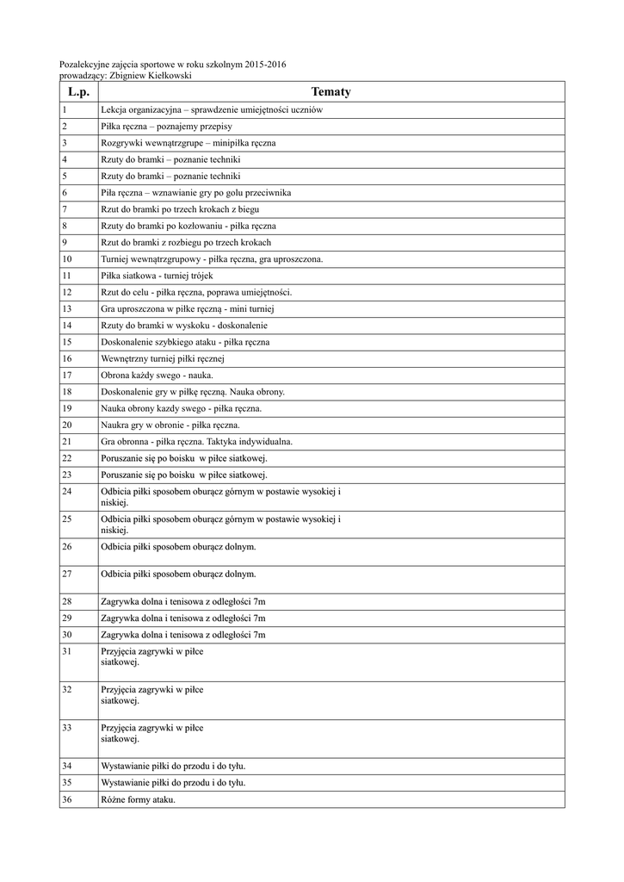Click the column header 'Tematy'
(331, 92)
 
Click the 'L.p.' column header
(77, 92)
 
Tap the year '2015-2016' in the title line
(265, 65)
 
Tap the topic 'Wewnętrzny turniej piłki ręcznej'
(162, 358)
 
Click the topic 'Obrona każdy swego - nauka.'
(157, 376)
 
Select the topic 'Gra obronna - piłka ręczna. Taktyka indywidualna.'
(196, 441)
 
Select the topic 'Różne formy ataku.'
(138, 800)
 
